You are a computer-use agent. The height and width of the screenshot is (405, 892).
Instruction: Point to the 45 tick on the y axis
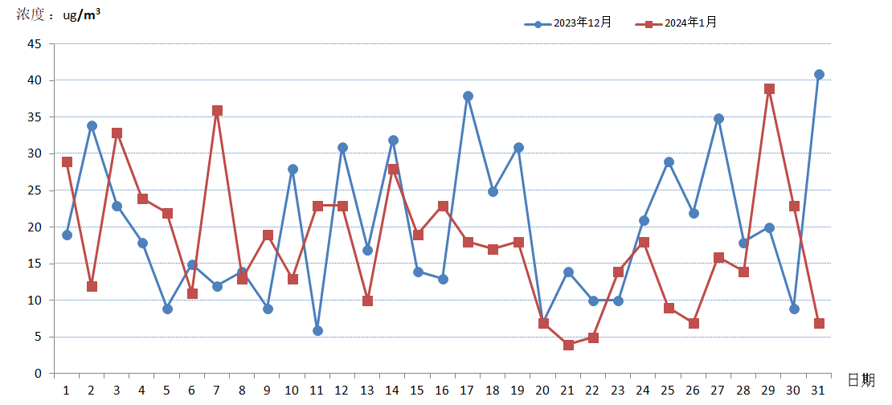tap(35, 44)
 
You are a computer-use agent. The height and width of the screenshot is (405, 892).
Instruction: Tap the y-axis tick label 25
tap(35, 190)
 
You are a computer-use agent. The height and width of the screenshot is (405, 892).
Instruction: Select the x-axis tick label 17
tap(468, 390)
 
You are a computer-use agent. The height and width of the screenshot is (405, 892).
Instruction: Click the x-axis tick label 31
tap(819, 390)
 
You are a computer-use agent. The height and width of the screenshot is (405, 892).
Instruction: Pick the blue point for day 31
tap(819, 74)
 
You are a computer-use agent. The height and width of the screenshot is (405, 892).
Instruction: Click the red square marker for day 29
tap(769, 89)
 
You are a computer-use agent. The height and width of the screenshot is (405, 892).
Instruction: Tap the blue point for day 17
tap(468, 96)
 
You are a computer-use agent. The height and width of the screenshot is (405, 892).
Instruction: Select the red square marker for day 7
tap(217, 111)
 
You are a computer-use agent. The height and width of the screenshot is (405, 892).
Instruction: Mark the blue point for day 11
tap(317, 330)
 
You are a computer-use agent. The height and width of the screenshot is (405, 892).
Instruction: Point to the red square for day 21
tap(568, 345)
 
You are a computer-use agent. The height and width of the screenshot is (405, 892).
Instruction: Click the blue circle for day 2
tap(92, 126)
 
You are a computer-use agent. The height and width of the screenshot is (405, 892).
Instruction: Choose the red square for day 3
tap(117, 133)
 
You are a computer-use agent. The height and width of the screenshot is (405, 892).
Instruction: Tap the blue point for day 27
tap(718, 119)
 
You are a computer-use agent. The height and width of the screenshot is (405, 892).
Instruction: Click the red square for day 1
tap(67, 162)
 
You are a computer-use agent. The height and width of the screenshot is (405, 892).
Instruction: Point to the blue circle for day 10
tap(293, 170)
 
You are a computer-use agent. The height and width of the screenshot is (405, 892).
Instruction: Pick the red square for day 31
tap(819, 323)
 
